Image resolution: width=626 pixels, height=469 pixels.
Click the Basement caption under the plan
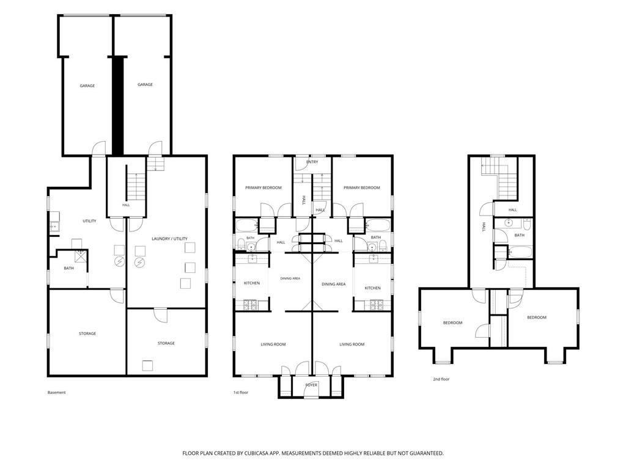coord(56,393)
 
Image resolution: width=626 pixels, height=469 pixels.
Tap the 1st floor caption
coord(241,393)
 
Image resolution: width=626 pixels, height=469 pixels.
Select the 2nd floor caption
coord(441,379)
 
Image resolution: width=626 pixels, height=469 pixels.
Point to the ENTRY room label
coord(312,162)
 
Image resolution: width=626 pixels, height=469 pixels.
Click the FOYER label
coord(311,385)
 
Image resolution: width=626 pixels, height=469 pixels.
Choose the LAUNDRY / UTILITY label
coord(169,239)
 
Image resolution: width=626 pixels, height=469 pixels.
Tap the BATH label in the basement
coord(68,268)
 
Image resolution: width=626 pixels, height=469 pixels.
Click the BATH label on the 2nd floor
coord(520,235)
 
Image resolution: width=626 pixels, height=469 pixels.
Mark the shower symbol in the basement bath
coord(82,256)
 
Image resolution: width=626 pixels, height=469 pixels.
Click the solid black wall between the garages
coord(117,106)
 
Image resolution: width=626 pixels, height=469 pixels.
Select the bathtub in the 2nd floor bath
coord(520,252)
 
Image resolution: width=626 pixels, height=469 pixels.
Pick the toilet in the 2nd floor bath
coord(526,225)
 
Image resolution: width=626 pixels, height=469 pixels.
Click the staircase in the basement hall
coord(136,186)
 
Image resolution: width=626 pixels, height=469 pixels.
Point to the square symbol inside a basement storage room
coord(147,366)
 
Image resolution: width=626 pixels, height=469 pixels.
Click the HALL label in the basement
coord(126,205)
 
